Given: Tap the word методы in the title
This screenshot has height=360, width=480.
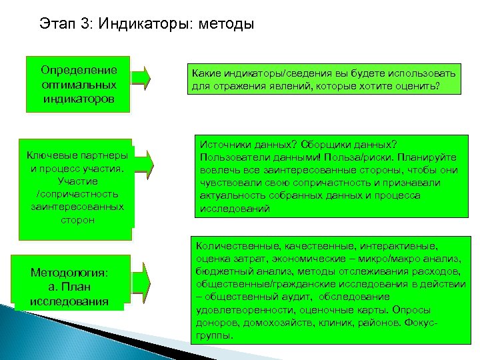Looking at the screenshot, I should click(225, 25).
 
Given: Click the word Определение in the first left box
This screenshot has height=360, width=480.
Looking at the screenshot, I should click(79, 69).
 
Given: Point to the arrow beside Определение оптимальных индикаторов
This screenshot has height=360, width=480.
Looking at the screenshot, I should click(141, 77).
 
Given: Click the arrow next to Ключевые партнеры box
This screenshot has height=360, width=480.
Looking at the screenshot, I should click(144, 160).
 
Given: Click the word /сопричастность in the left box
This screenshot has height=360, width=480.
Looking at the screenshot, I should click(78, 194).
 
